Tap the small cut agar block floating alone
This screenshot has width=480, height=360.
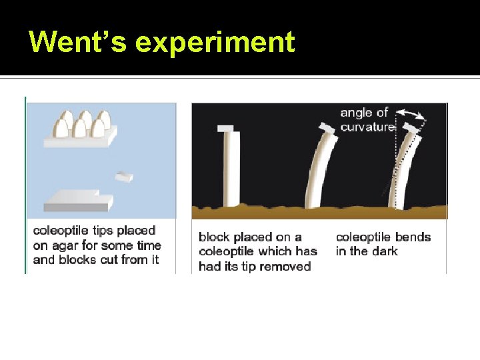(124, 176)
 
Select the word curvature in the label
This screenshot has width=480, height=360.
(367, 127)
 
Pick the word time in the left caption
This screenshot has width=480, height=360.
(148, 245)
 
